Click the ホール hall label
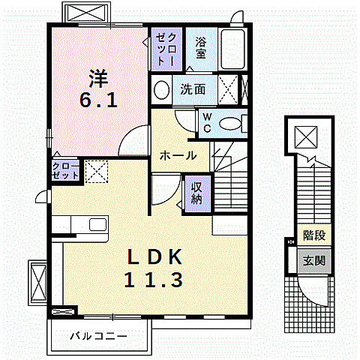(178, 155)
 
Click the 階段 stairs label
(314, 235)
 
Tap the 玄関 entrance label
(314, 261)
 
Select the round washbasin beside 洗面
(161, 90)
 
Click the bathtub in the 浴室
(235, 49)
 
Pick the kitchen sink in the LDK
(97, 223)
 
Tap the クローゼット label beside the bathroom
(163, 48)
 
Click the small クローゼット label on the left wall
(65, 169)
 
